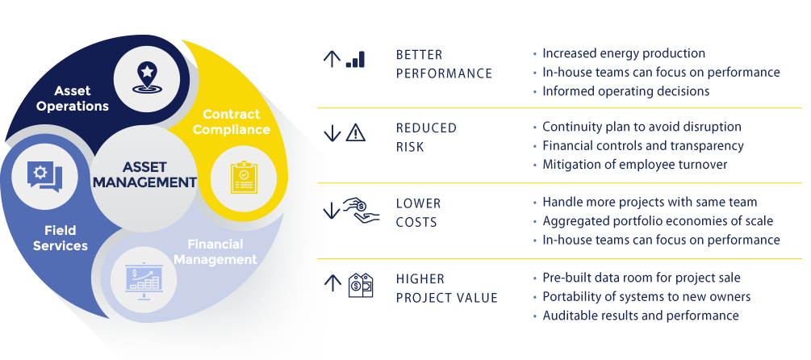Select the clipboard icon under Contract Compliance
(243, 178)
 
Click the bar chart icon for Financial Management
(142, 279)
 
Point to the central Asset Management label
(144, 174)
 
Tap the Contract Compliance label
(236, 122)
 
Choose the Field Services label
(61, 238)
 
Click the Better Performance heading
(444, 64)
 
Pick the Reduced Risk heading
(426, 137)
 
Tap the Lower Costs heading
(418, 211)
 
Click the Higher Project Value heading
(446, 288)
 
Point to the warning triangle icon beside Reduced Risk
(356, 133)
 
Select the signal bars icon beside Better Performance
(355, 59)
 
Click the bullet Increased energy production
(624, 53)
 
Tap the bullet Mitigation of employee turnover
(634, 165)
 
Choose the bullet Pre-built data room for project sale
(642, 278)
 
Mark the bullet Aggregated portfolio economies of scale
(658, 220)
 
